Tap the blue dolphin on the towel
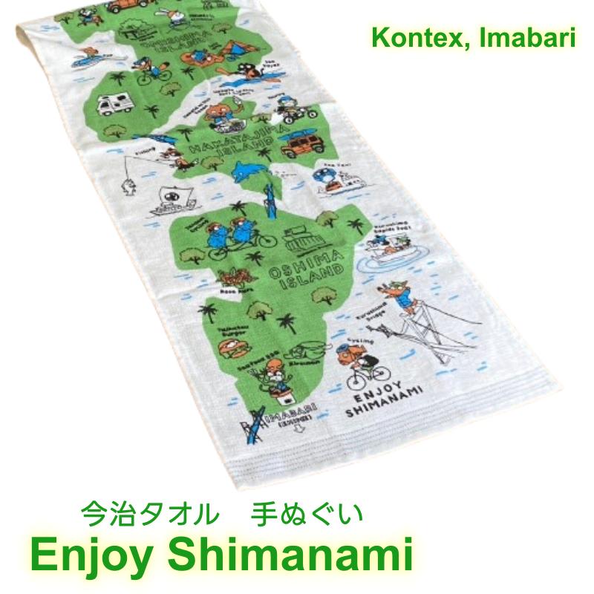tap(248, 172)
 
